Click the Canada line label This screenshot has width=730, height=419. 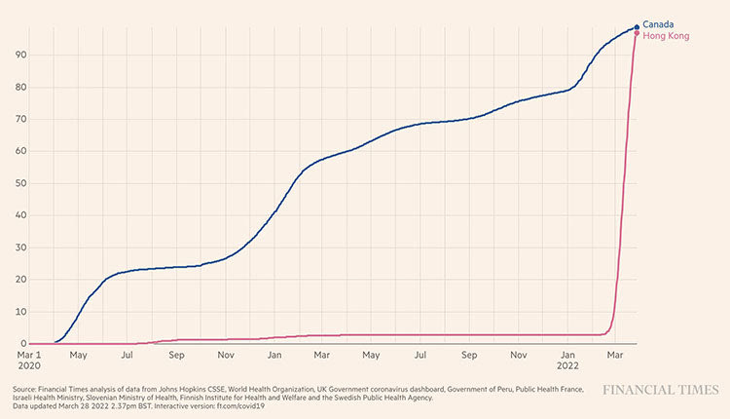(658, 23)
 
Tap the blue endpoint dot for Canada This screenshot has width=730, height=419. (638, 27)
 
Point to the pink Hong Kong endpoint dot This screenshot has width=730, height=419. (638, 34)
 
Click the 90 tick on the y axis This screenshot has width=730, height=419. (19, 55)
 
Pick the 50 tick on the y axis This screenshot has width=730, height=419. (19, 183)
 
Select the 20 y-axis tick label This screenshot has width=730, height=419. (19, 280)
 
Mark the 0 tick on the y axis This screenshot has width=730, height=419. (22, 343)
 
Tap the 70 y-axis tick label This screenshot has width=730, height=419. (19, 119)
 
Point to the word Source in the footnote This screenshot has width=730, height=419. (27, 389)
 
